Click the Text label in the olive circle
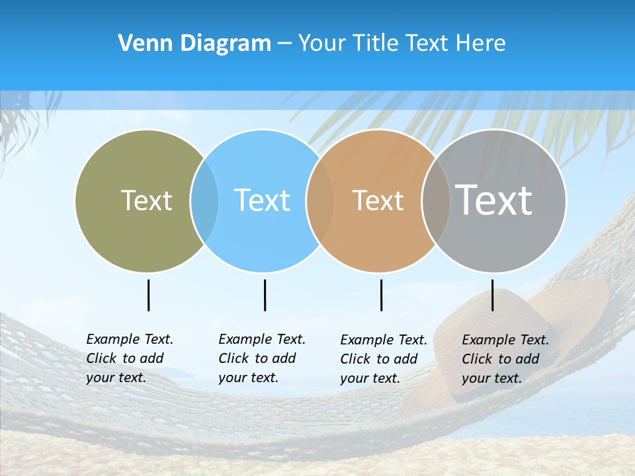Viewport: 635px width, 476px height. click(x=146, y=200)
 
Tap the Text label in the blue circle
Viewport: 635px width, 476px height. click(x=263, y=200)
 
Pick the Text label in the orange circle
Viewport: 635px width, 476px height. click(x=378, y=200)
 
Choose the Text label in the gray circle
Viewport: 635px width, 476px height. click(x=494, y=200)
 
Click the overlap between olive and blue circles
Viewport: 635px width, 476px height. click(x=204, y=200)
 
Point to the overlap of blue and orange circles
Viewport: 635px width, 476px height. click(x=320, y=200)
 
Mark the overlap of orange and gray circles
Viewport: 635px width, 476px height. click(x=436, y=200)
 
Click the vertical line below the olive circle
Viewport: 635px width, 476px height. click(x=148, y=295)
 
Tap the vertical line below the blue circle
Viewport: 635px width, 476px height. click(x=265, y=295)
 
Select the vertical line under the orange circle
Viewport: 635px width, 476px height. click(x=381, y=295)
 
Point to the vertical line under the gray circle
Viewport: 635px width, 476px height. click(x=493, y=295)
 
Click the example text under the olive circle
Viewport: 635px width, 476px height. click(x=130, y=358)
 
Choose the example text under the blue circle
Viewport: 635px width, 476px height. click(x=262, y=358)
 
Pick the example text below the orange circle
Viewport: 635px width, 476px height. click(x=384, y=359)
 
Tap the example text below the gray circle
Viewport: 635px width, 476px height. click(x=505, y=359)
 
